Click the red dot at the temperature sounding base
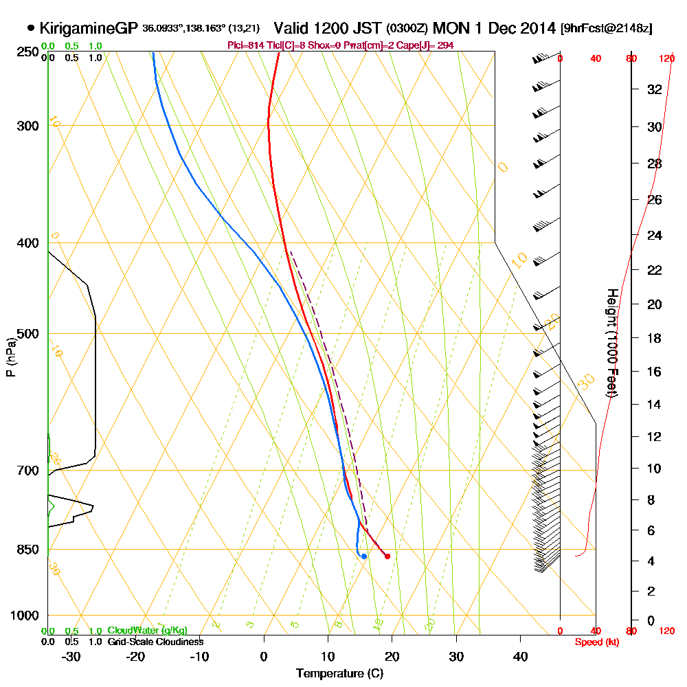[387, 556]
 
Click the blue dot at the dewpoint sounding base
[363, 556]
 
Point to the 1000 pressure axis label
[25, 616]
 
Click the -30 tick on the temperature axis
[71, 656]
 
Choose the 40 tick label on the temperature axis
[521, 656]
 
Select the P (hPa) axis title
[10, 357]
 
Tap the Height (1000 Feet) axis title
[611, 343]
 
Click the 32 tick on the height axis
[655, 89]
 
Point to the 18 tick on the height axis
[655, 338]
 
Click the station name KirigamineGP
[89, 29]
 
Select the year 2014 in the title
[539, 29]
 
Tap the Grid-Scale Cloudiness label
[155, 641]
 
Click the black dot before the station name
[31, 29]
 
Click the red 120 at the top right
[666, 59]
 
